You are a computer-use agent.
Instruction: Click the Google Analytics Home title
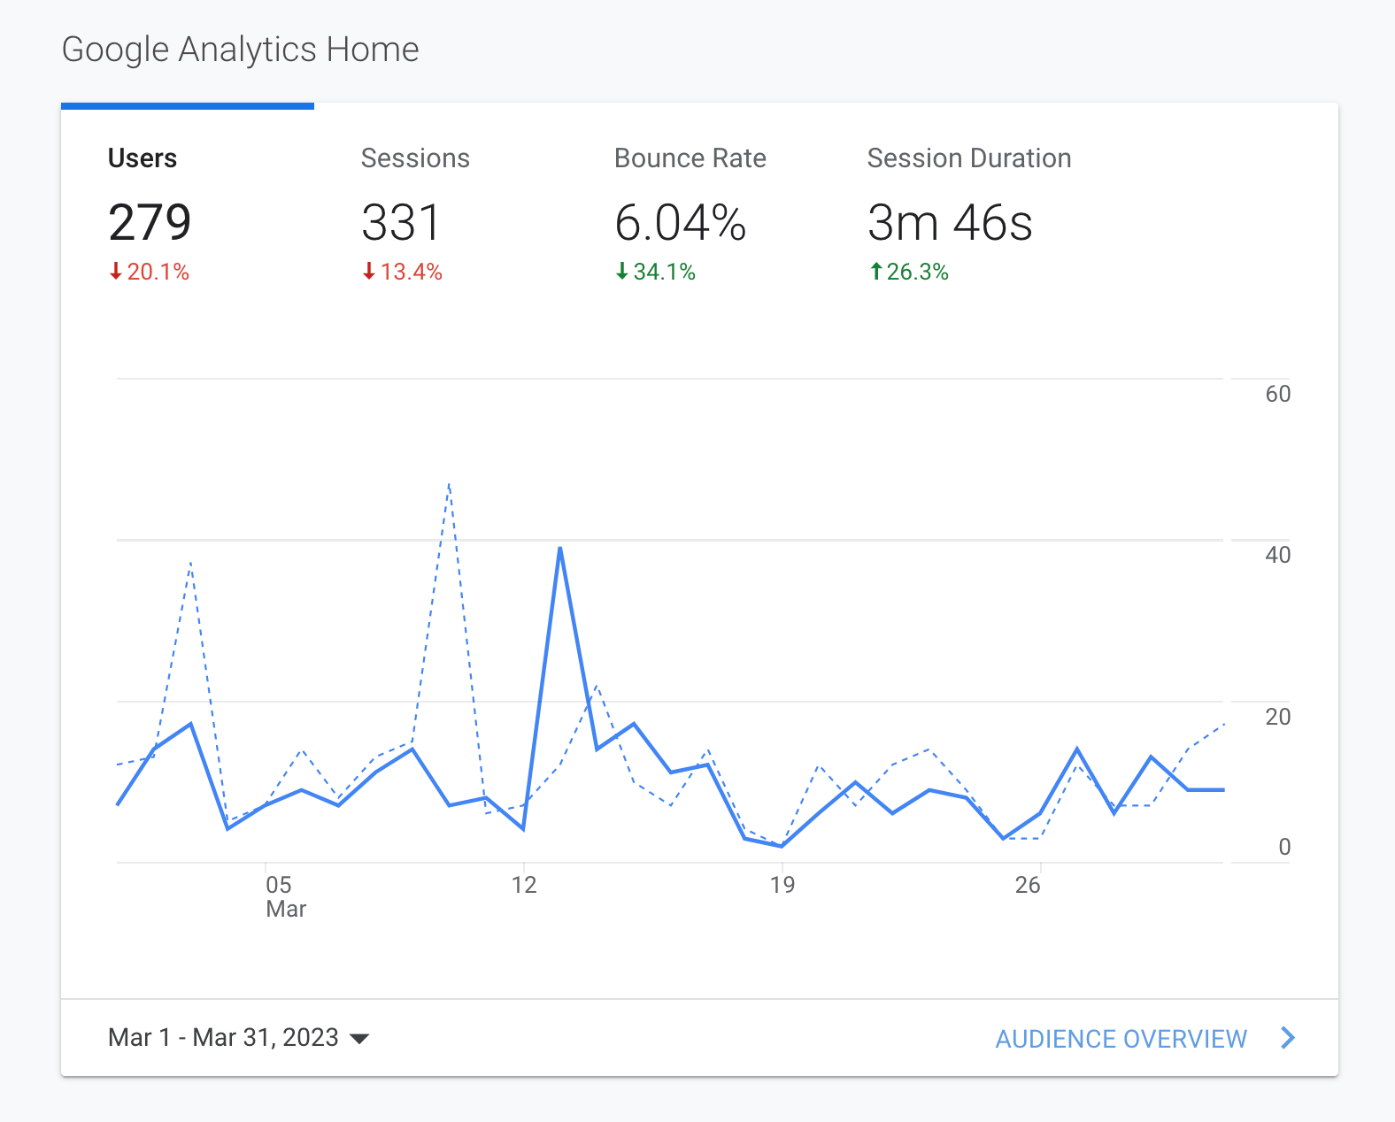tap(240, 50)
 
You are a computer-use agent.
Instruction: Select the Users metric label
tap(143, 158)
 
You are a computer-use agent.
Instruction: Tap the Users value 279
tap(150, 222)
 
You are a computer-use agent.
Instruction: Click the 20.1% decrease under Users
tap(150, 272)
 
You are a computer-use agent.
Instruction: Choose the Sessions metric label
tap(415, 158)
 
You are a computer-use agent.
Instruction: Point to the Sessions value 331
tap(401, 222)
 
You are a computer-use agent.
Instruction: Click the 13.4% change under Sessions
tap(403, 272)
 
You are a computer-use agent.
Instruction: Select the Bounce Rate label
tap(690, 158)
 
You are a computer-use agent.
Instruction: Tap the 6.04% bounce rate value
tap(681, 222)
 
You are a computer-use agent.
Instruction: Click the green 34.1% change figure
tap(656, 272)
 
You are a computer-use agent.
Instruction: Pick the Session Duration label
tap(969, 158)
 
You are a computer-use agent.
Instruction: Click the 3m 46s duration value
tap(950, 222)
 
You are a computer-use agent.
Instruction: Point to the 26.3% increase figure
tap(909, 272)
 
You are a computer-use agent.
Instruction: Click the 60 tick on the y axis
tap(1277, 394)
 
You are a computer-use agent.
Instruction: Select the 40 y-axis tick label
tap(1277, 555)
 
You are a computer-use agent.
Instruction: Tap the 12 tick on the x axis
tap(524, 885)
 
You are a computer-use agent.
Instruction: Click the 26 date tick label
tap(1028, 885)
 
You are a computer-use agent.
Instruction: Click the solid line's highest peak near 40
tap(560, 549)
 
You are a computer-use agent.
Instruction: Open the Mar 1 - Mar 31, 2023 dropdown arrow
tap(359, 1038)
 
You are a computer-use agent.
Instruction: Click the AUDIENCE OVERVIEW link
tap(1121, 1039)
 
